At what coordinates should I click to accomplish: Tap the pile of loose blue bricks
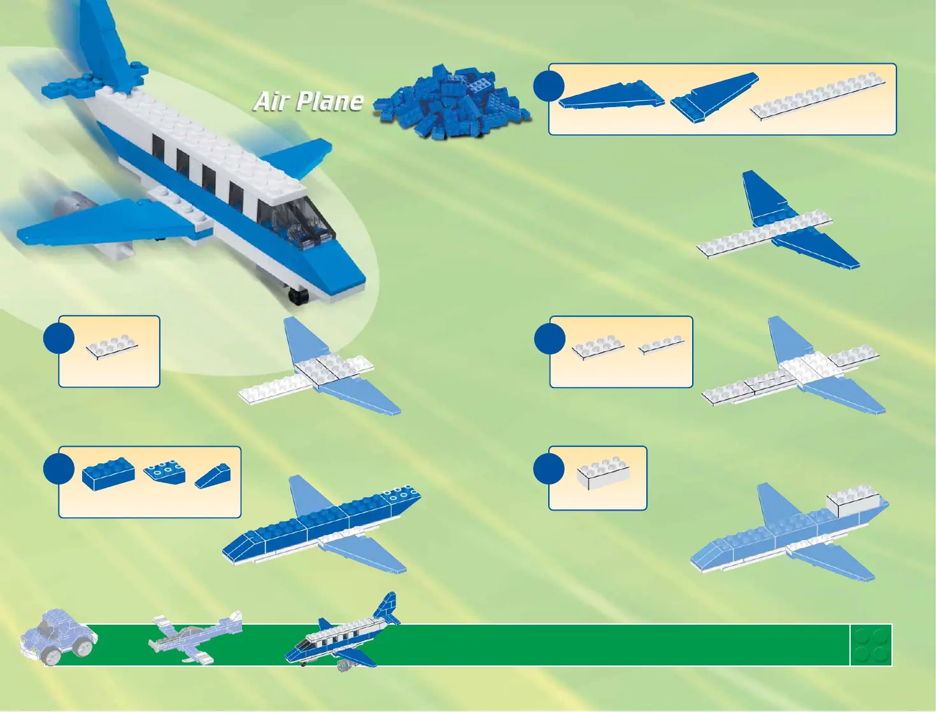pyautogui.click(x=454, y=101)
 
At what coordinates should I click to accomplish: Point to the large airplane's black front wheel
pyautogui.click(x=297, y=295)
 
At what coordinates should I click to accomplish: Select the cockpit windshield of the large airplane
pyautogui.click(x=299, y=223)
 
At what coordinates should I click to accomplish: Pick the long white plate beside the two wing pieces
pyautogui.click(x=818, y=96)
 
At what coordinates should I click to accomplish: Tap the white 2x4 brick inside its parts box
pyautogui.click(x=603, y=473)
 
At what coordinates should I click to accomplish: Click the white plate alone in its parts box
pyautogui.click(x=112, y=347)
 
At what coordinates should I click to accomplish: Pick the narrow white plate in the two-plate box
pyautogui.click(x=662, y=345)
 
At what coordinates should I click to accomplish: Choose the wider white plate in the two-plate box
pyautogui.click(x=598, y=347)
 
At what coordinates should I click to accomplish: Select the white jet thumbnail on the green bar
pyautogui.click(x=195, y=637)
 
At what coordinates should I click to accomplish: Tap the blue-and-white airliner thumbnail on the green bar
pyautogui.click(x=344, y=637)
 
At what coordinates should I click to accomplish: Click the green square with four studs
pyautogui.click(x=871, y=645)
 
